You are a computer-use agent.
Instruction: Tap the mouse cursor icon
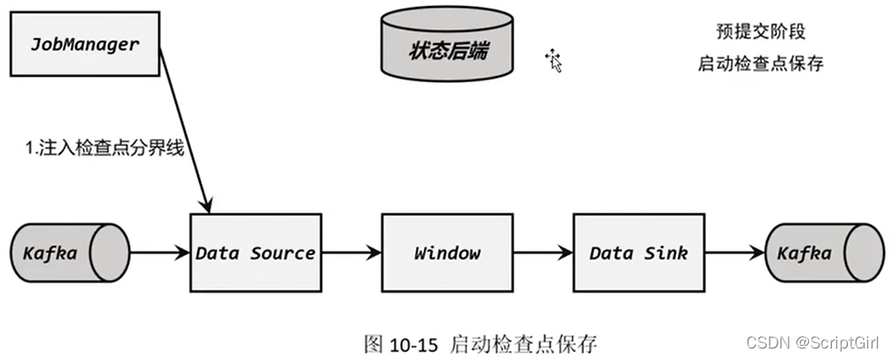554,60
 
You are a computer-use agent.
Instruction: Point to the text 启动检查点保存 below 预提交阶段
761,65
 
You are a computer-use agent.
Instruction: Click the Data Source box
255,254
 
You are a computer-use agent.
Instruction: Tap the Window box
447,254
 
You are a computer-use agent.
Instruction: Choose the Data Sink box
638,254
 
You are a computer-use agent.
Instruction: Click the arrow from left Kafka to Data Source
159,254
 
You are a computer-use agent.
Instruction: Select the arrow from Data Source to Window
350,254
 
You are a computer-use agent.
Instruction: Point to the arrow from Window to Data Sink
542,254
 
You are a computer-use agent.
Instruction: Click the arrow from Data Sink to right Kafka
734,254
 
